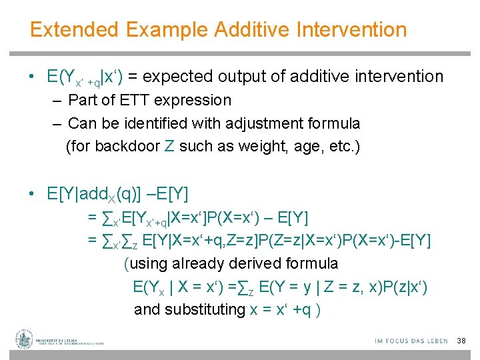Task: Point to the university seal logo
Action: (25, 340)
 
